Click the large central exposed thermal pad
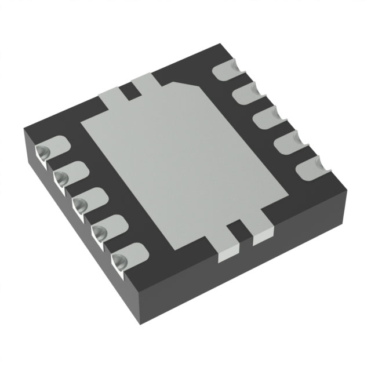[185, 157]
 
